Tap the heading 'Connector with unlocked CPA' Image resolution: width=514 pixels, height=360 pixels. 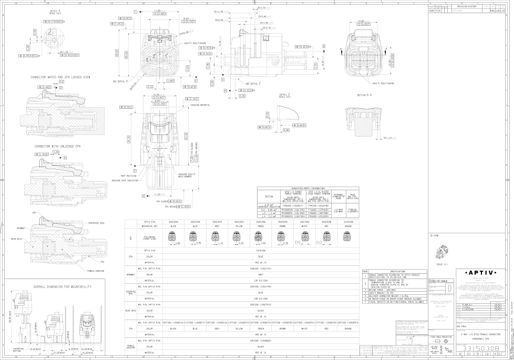tap(58, 146)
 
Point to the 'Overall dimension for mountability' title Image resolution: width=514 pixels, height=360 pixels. tap(63, 286)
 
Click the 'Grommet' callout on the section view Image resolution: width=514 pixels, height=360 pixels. tap(22, 228)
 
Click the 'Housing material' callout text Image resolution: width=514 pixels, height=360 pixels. tap(200, 105)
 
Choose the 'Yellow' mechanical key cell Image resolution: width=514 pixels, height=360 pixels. tap(238, 227)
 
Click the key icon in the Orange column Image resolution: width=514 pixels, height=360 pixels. tap(347, 237)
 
